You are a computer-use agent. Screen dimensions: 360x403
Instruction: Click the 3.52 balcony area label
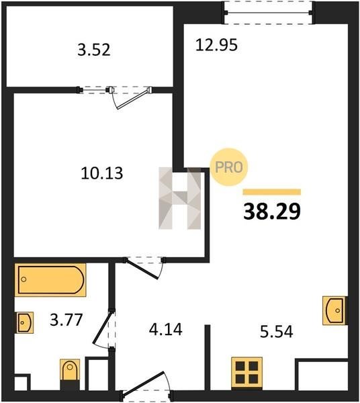94,50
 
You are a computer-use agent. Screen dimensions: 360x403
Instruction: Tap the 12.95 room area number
217,45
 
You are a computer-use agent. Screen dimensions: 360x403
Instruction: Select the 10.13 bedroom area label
102,173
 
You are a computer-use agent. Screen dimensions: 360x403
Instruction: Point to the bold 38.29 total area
272,212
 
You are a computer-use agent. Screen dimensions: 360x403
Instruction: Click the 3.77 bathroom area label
66,320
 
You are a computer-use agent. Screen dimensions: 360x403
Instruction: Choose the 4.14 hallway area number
166,330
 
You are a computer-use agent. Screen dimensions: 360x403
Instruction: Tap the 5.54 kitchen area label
277,332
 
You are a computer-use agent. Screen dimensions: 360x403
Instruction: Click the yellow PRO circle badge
228,167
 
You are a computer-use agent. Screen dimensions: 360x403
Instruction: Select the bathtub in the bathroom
50,280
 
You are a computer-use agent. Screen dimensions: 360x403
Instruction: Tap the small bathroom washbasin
25,322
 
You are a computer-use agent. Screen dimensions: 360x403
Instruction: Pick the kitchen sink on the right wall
335,310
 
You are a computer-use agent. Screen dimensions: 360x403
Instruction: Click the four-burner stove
246,372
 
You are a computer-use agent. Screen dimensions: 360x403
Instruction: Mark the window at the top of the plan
269,13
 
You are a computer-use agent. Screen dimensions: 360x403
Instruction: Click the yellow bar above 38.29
272,192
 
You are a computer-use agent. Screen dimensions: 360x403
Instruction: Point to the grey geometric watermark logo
180,198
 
